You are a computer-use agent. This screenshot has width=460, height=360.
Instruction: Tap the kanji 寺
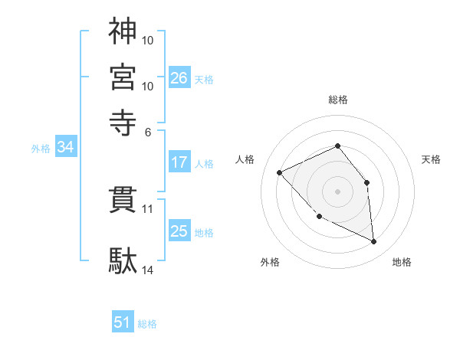coord(123,119)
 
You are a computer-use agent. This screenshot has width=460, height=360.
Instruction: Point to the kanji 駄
coord(123,260)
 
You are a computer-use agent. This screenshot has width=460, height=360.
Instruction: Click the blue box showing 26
coord(179,78)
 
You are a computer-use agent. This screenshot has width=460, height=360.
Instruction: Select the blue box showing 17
coord(179,162)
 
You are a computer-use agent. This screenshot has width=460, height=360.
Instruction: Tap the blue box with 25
coord(179,231)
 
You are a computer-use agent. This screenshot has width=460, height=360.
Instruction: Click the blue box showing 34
coord(65,148)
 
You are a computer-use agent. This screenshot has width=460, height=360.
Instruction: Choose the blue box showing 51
coord(123,322)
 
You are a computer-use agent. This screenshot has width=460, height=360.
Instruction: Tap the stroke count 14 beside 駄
coord(148,270)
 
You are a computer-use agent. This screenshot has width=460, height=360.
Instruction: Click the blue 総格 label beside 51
coord(147,324)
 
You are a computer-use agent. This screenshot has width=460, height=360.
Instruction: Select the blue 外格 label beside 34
coord(41,149)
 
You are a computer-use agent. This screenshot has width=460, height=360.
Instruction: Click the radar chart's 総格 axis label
coord(337,100)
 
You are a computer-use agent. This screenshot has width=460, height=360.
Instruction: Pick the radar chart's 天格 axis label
coord(431,159)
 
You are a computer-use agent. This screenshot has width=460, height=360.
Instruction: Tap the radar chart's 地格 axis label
coord(402,262)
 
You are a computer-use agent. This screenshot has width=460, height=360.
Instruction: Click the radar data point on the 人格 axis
coord(280,172)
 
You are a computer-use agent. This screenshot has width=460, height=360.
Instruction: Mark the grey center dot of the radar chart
coord(337,191)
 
